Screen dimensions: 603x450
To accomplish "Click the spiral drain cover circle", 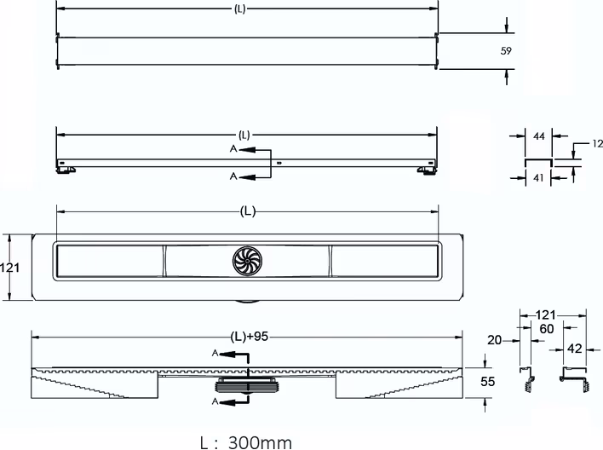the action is [248, 261].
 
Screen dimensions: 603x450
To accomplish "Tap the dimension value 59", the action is [506, 51].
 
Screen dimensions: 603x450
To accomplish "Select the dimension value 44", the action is [539, 136].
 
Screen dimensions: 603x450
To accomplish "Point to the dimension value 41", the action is [538, 177].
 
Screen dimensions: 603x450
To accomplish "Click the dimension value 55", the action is [487, 381].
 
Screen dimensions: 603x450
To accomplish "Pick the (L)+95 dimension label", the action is [249, 337].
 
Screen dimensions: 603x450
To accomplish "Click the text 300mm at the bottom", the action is [260, 442].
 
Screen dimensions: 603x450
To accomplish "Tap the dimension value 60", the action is [547, 329].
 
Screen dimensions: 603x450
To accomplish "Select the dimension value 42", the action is [575, 349].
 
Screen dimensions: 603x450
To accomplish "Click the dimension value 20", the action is [495, 340].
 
